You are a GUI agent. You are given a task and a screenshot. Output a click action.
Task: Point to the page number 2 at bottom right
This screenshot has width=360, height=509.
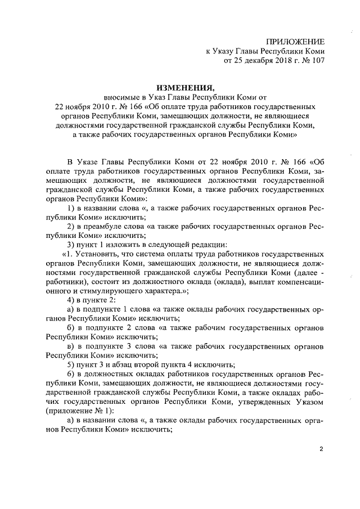pos(321,449)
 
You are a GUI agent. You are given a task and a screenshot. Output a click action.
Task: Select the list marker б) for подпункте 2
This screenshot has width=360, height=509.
pos(71,327)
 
